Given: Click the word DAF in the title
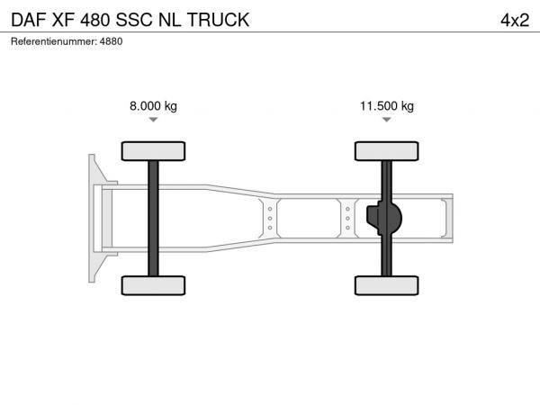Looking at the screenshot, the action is pyautogui.click(x=29, y=20).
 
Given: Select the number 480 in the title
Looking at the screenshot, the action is pyautogui.click(x=95, y=20).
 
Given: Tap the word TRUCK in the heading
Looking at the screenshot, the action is pyautogui.click(x=219, y=20).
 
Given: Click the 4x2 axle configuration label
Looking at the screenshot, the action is pyautogui.click(x=515, y=20).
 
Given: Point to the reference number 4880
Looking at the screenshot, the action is pyautogui.click(x=111, y=41).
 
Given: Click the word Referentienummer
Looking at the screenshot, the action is pyautogui.click(x=54, y=41).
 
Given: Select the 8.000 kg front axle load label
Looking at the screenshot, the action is pyautogui.click(x=153, y=105).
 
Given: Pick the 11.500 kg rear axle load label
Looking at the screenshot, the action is pyautogui.click(x=387, y=105).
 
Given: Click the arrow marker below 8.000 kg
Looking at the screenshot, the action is pyautogui.click(x=153, y=120).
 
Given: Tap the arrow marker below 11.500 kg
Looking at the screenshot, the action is pyautogui.click(x=387, y=120).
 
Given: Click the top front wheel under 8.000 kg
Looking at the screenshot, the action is pyautogui.click(x=153, y=151).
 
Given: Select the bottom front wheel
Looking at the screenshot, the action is pyautogui.click(x=153, y=285).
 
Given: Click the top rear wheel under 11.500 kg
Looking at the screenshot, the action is pyautogui.click(x=387, y=151).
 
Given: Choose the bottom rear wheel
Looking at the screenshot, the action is pyautogui.click(x=387, y=285).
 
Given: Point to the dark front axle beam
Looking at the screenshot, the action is pyautogui.click(x=153, y=219).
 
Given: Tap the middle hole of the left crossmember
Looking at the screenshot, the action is pyautogui.click(x=270, y=219).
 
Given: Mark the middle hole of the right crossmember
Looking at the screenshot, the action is pyautogui.click(x=347, y=219).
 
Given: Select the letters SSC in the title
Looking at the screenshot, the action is pyautogui.click(x=134, y=20).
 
